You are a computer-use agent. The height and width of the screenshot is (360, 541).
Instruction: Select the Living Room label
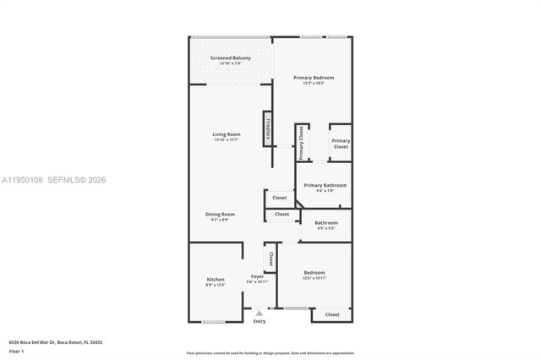(x=227, y=134)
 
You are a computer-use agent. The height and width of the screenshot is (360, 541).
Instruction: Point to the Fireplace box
(x=268, y=129)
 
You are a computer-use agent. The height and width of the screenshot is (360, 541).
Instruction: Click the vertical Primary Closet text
(x=301, y=142)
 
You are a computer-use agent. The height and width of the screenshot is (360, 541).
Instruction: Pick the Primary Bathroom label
(x=325, y=185)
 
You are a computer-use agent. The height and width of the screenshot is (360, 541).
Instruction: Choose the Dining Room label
(x=220, y=214)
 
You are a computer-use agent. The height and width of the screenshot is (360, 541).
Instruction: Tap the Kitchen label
(x=216, y=280)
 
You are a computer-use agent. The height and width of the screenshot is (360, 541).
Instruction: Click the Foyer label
(x=256, y=276)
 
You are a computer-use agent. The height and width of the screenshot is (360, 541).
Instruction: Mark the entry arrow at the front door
(x=259, y=312)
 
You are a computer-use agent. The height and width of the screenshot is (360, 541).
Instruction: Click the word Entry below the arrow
(x=259, y=321)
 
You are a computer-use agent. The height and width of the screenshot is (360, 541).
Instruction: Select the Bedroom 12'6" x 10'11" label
(x=314, y=273)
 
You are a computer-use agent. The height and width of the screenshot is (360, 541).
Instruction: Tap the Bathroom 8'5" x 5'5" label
(x=326, y=223)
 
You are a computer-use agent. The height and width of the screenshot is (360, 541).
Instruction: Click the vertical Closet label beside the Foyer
(x=270, y=259)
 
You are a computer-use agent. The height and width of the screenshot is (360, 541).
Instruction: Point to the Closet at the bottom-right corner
(x=332, y=314)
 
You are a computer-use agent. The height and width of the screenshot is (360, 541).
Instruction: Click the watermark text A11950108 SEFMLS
(x=54, y=180)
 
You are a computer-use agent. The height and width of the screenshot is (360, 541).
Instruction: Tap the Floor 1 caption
(x=18, y=350)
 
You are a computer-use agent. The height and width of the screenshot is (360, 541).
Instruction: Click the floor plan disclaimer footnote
(x=270, y=352)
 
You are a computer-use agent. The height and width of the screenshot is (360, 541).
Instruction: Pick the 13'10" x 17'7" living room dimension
(x=227, y=140)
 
